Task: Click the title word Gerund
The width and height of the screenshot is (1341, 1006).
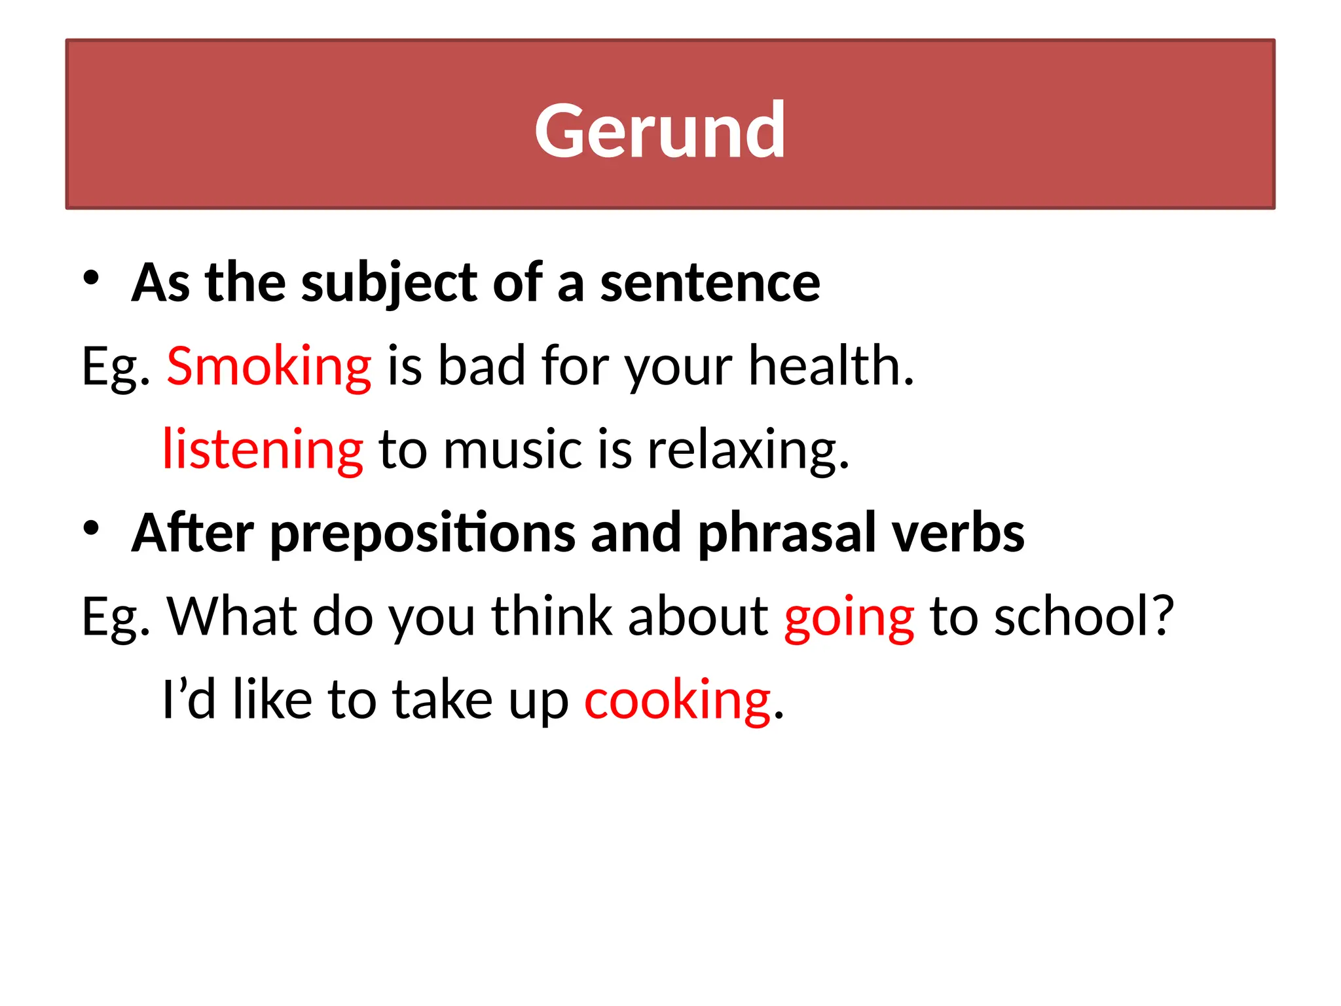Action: pyautogui.click(x=660, y=130)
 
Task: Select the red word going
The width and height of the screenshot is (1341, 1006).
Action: pyautogui.click(x=849, y=617)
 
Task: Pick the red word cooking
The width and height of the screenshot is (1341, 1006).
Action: pyautogui.click(x=677, y=700)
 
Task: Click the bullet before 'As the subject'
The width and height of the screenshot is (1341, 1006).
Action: pyautogui.click(x=91, y=278)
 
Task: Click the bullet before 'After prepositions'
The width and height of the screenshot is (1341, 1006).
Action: pyautogui.click(x=91, y=528)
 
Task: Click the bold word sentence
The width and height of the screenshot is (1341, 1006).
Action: pyautogui.click(x=710, y=283)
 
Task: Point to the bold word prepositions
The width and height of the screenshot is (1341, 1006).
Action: pyautogui.click(x=422, y=533)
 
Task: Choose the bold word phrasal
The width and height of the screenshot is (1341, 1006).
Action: pyautogui.click(x=786, y=533)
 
